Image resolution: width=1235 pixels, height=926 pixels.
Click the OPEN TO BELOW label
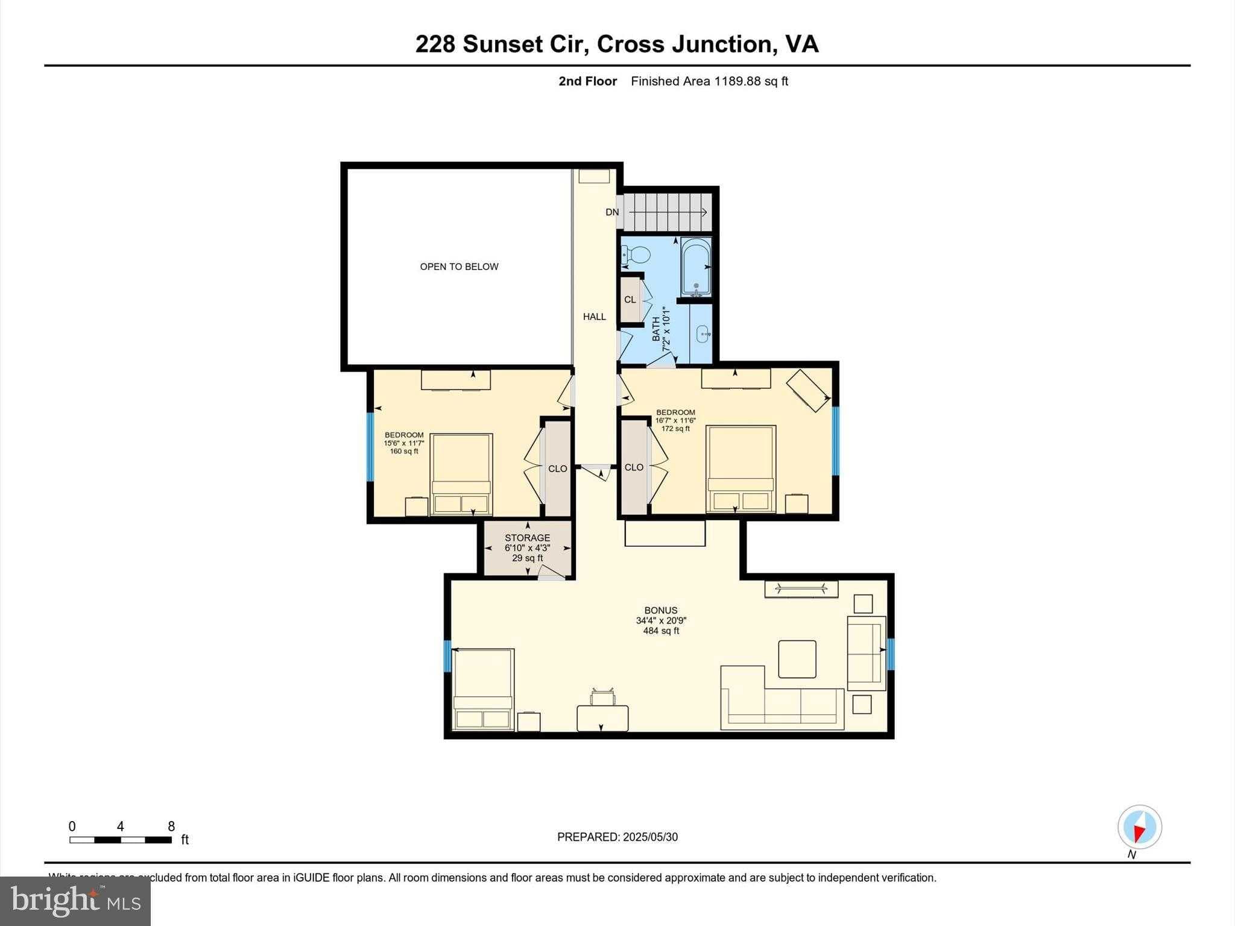tap(459, 266)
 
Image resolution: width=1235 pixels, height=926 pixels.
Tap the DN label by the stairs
tap(612, 212)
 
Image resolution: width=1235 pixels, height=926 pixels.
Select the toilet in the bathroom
tap(636, 256)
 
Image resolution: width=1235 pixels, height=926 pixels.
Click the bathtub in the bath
tap(696, 267)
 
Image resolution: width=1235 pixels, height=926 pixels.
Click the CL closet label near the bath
tap(630, 300)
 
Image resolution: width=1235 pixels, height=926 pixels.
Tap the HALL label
tap(594, 317)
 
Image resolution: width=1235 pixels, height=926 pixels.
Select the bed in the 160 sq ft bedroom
tap(461, 474)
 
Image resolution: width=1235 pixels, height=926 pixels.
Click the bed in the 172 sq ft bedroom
tap(741, 469)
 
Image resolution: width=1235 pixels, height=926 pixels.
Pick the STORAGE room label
tap(527, 538)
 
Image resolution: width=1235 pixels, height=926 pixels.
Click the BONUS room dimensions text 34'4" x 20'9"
tap(661, 620)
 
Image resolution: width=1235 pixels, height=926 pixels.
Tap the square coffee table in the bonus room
tap(797, 659)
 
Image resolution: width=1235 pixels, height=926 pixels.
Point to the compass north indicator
tap(1139, 828)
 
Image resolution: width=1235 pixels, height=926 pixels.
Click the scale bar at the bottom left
tap(120, 840)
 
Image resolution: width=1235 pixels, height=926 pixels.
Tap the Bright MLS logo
tap(75, 901)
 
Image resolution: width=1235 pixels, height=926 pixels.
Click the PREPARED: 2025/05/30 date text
tap(617, 837)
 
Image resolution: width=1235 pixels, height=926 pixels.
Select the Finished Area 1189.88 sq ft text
tap(709, 81)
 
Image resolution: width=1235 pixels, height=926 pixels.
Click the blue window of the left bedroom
tap(370, 446)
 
